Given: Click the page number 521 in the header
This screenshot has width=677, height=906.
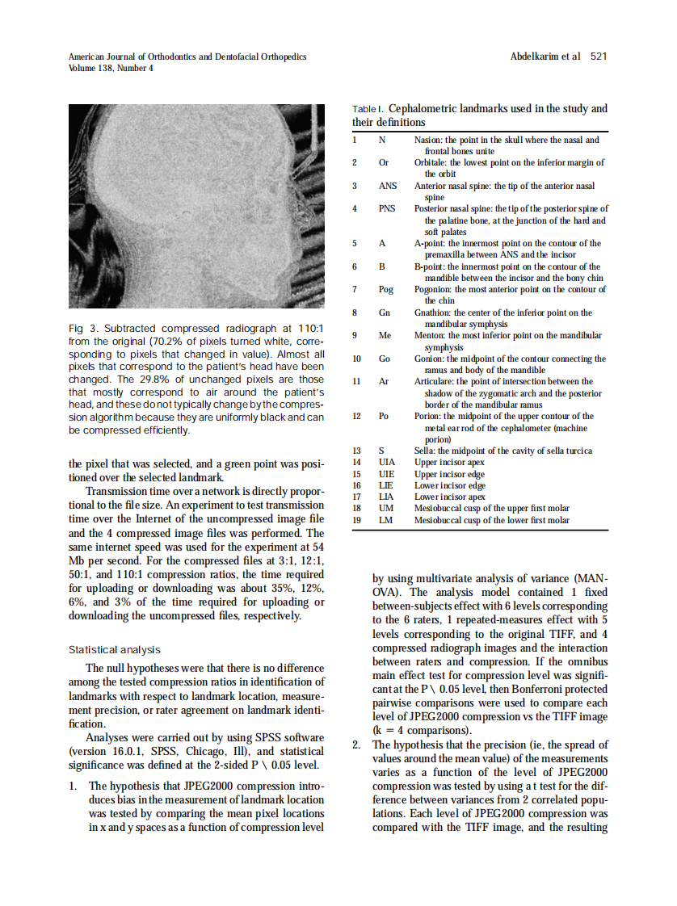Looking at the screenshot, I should pyautogui.click(x=599, y=57).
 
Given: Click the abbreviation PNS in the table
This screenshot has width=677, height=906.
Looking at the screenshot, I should pyautogui.click(x=387, y=208).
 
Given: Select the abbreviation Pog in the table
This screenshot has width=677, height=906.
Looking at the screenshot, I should pyautogui.click(x=385, y=289).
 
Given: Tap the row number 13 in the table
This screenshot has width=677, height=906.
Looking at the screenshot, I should pyautogui.click(x=356, y=451).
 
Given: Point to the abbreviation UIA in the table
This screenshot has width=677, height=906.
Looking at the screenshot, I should pyautogui.click(x=387, y=463).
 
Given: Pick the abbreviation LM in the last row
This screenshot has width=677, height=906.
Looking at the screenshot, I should pyautogui.click(x=385, y=521).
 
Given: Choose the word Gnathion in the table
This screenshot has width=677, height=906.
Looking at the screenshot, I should pyautogui.click(x=434, y=312).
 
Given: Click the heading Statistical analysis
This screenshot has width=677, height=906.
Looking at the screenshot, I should pyautogui.click(x=114, y=649).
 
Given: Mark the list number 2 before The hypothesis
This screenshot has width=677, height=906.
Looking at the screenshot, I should pyautogui.click(x=356, y=745).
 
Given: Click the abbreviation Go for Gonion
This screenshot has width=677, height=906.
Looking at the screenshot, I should pyautogui.click(x=384, y=359).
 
